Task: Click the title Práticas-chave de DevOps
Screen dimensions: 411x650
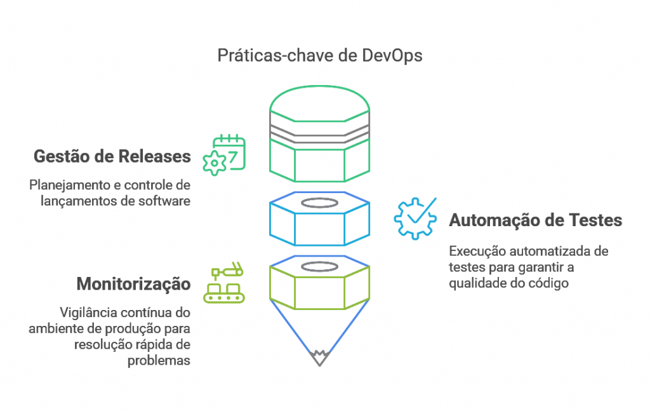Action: (319, 55)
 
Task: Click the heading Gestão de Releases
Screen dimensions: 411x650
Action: (112, 156)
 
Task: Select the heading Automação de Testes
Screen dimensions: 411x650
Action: (535, 220)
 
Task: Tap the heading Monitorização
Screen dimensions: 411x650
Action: (133, 283)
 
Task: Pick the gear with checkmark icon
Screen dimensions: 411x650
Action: (415, 218)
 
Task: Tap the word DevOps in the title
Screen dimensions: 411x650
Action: (392, 55)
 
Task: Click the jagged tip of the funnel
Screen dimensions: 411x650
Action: (319, 358)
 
